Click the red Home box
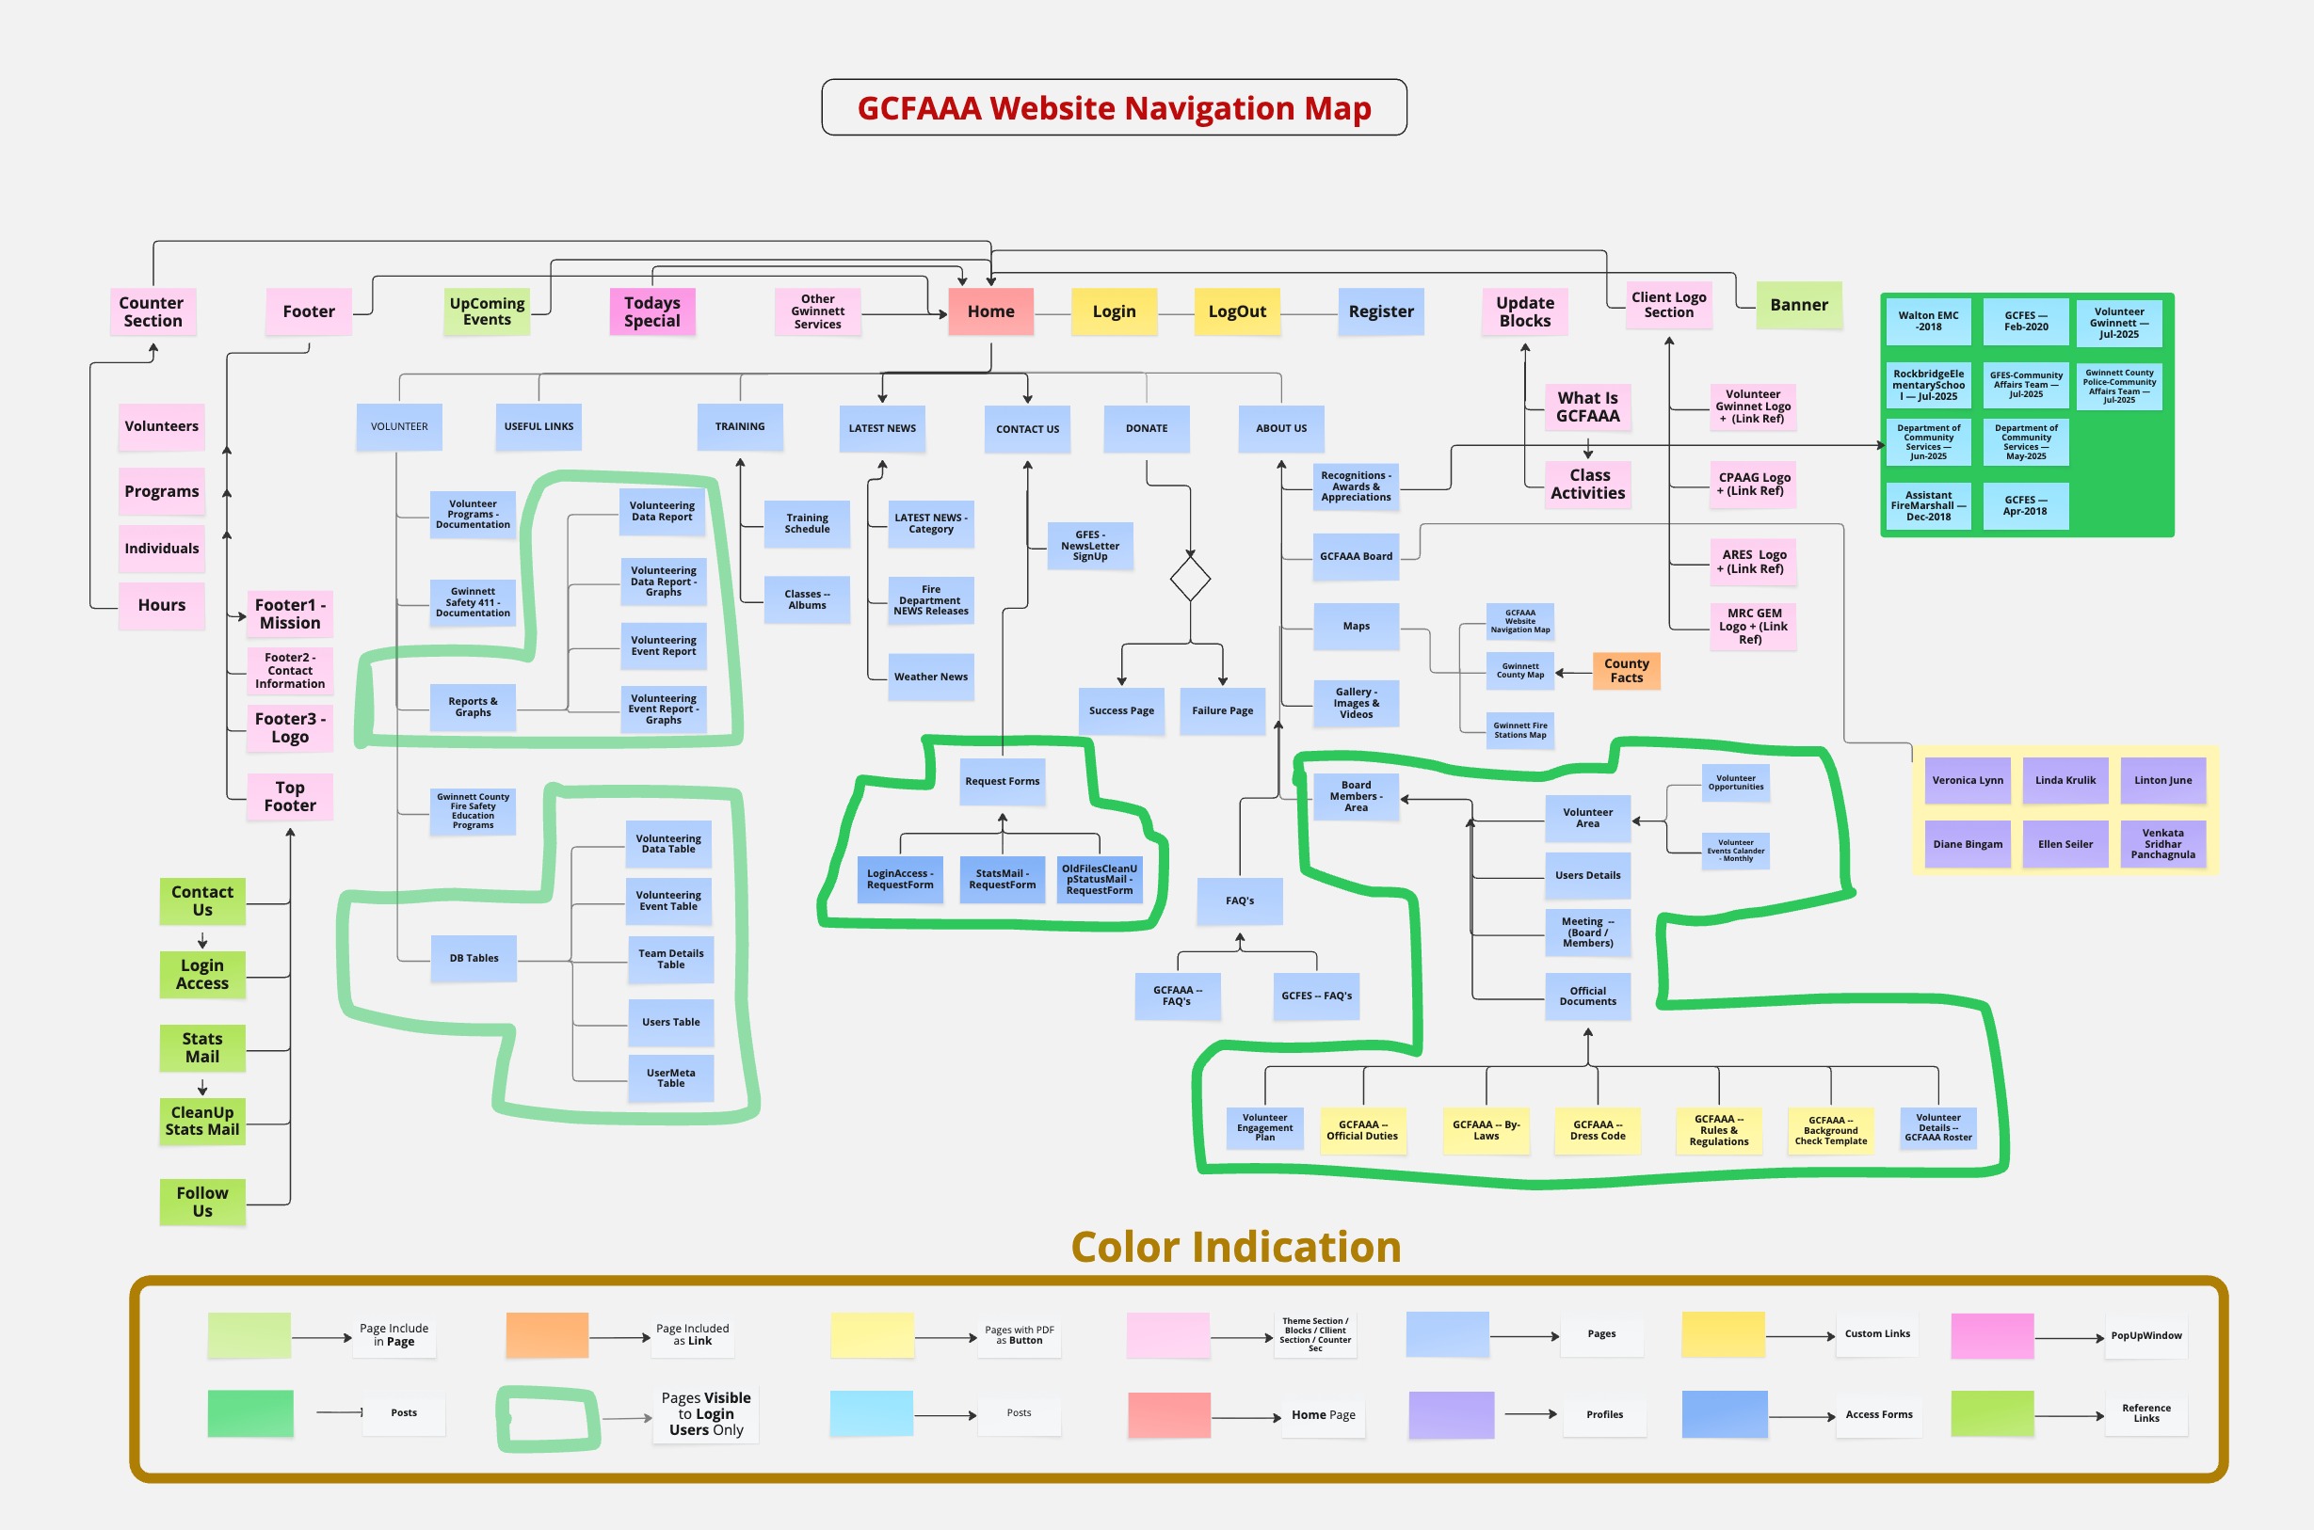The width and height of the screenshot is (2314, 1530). point(990,311)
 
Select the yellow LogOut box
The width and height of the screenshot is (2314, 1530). point(1236,311)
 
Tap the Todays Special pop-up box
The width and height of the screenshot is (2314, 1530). point(652,311)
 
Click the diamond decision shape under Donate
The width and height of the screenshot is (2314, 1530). point(1190,579)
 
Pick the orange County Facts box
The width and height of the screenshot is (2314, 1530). point(1626,670)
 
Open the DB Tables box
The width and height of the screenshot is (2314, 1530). point(474,958)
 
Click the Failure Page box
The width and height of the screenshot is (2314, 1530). point(1222,710)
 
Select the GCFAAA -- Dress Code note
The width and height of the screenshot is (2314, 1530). point(1598,1130)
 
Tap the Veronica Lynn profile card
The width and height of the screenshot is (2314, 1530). point(1968,781)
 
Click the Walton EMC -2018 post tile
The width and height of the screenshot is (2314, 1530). point(1929,321)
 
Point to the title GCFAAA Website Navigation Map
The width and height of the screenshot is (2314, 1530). point(1114,107)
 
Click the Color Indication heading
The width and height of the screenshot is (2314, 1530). point(1235,1247)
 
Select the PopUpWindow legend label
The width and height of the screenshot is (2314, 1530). point(2145,1335)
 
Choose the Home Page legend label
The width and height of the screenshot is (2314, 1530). point(1323,1415)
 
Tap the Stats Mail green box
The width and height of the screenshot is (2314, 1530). point(202,1047)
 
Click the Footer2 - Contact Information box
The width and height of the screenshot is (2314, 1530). point(290,670)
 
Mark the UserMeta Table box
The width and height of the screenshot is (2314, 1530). point(670,1078)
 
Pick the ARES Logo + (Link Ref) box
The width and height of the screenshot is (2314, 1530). point(1753,561)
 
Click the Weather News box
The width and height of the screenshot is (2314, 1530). point(931,677)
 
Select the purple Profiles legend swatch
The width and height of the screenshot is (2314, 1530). point(1452,1415)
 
